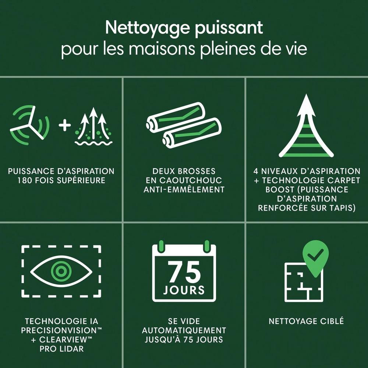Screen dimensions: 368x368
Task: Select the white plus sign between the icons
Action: (65, 125)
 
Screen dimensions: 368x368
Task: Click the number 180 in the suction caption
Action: (25, 180)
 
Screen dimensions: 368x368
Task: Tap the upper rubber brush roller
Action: (176, 117)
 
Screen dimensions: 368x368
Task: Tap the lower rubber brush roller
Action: (192, 133)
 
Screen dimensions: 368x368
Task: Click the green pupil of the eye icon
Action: (61, 271)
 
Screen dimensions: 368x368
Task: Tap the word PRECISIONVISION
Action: (59, 330)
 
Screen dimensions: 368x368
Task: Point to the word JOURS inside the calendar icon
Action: (184, 290)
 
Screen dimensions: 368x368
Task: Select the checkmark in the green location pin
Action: (315, 255)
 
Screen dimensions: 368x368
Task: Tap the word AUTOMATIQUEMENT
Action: (184, 330)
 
